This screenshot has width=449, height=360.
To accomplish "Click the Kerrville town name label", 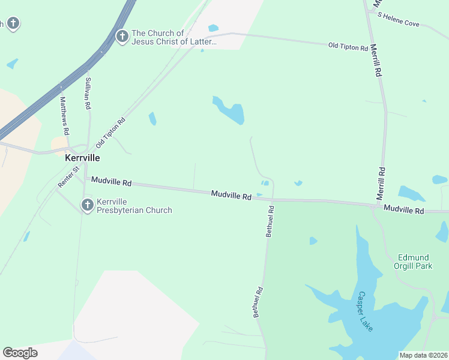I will click(82, 158).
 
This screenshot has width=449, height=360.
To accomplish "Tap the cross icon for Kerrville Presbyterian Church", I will click(86, 206).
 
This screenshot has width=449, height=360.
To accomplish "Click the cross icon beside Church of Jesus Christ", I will click(122, 37).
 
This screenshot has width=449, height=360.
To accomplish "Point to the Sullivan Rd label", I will click(88, 93).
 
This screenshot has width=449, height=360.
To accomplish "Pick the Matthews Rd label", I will click(64, 116).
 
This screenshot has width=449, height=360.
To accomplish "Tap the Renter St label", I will click(68, 178).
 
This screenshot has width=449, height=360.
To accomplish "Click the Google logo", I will click(20, 353).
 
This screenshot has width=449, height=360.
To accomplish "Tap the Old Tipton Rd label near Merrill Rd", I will click(348, 46).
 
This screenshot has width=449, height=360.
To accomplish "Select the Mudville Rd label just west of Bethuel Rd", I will click(231, 195).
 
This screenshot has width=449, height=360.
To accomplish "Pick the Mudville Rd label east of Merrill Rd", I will click(403, 211).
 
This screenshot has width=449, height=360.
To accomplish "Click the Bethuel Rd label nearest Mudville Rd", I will click(270, 221).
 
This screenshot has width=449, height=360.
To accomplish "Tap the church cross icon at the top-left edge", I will click(13, 23).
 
